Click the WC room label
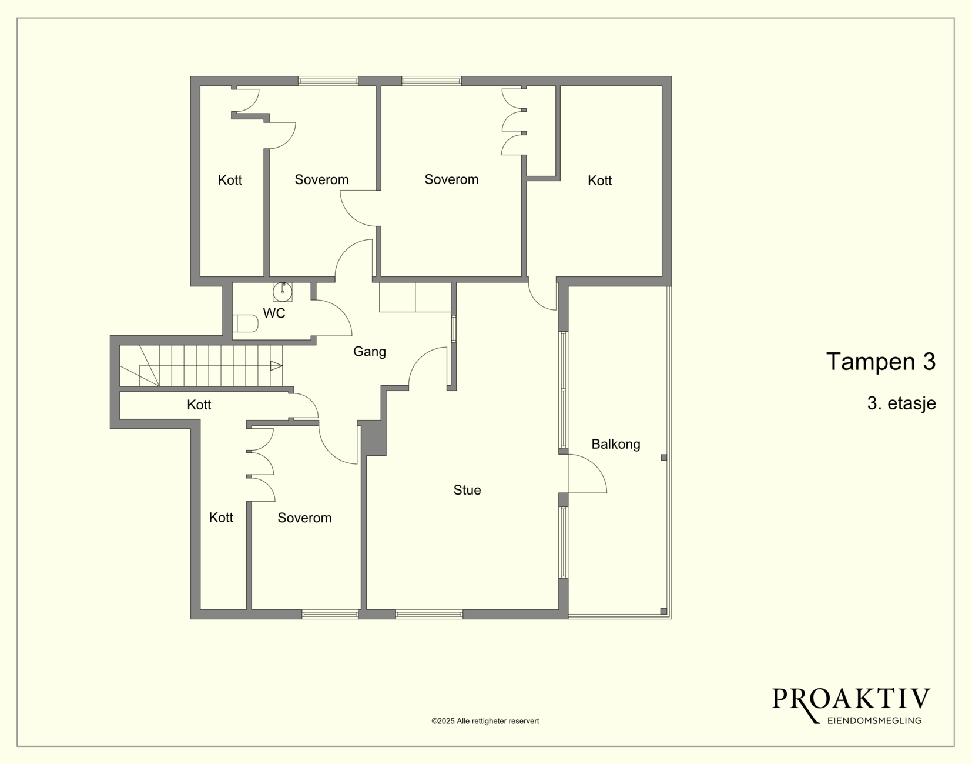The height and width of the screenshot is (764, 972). (x=274, y=313)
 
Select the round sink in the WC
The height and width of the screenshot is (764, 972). (x=282, y=292)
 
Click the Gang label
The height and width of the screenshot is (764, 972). (x=370, y=351)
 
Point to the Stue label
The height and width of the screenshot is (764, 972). (x=467, y=490)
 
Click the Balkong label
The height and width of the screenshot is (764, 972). (x=615, y=444)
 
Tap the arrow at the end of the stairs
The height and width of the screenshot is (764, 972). (x=276, y=366)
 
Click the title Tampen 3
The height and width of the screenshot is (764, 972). (x=880, y=361)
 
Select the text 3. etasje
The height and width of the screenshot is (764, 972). (x=901, y=403)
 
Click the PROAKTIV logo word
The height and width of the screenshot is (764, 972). (x=851, y=699)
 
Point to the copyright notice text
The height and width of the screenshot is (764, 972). (x=485, y=721)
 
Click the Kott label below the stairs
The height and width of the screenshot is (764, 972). (x=199, y=405)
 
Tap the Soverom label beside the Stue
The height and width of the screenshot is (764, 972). (x=304, y=518)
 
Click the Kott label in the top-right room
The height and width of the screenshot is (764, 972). (x=599, y=181)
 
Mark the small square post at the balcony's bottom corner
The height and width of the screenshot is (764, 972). (x=663, y=611)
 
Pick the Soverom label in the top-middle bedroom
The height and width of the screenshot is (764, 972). (x=451, y=179)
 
